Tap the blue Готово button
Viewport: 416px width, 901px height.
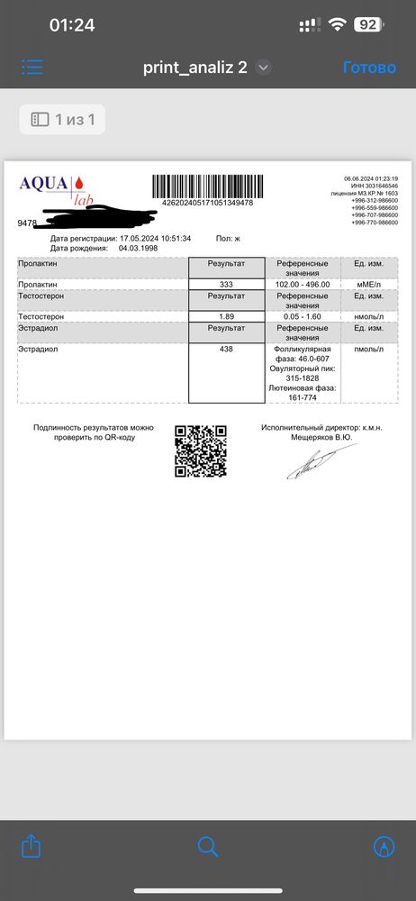point(369,68)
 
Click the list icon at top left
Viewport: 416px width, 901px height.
point(32,68)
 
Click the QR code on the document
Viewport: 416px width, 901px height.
point(200,450)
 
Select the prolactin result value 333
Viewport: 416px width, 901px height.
point(227,285)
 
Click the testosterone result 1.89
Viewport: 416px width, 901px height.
point(227,316)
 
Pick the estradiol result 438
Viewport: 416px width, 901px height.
point(227,349)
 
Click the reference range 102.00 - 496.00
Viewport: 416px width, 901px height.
point(302,285)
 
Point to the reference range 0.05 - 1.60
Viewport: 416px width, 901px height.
point(302,316)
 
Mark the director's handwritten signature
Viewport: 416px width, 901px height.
point(311,463)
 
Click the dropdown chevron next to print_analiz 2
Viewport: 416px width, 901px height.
point(264,68)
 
